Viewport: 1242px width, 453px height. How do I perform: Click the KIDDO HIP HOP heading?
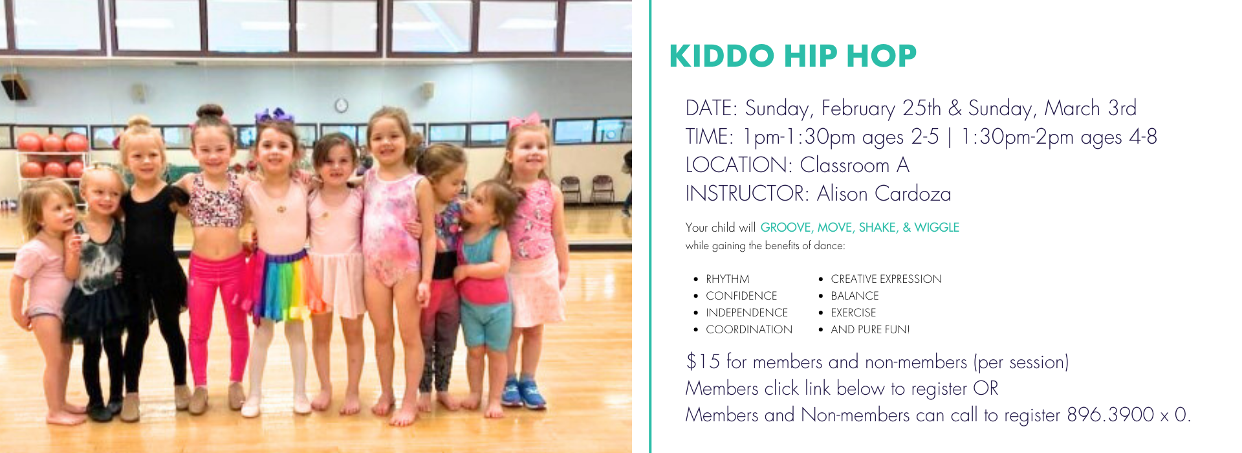click(793, 56)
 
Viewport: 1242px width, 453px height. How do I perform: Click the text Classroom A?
click(855, 165)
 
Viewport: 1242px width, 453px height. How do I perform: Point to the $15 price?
click(703, 361)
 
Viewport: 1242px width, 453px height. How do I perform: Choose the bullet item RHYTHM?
click(728, 279)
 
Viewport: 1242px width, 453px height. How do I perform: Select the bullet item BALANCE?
click(855, 296)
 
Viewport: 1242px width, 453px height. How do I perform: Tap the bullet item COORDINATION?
click(749, 329)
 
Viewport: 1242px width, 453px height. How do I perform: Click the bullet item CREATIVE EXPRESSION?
click(886, 279)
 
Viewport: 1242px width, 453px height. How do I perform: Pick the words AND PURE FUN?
click(870, 329)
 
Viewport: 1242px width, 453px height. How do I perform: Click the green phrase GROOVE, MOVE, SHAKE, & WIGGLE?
click(860, 227)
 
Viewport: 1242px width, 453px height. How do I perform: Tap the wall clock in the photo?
click(341, 105)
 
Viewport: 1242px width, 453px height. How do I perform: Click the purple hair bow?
click(274, 115)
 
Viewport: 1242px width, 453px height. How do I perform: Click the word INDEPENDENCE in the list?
click(746, 313)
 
